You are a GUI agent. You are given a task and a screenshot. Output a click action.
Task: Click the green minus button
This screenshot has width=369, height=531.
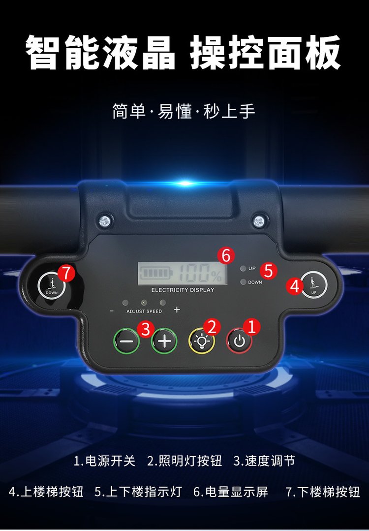pyautogui.click(x=126, y=341)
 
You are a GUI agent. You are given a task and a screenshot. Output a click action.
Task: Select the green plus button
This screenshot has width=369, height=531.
pyautogui.click(x=164, y=341)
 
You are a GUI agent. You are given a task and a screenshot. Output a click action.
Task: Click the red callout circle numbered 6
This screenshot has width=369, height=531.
pyautogui.click(x=226, y=255)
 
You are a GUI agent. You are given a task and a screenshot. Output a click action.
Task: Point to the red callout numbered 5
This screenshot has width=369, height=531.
pyautogui.click(x=268, y=271)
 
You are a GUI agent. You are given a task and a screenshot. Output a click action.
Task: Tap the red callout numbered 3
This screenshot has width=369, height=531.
pyautogui.click(x=146, y=329)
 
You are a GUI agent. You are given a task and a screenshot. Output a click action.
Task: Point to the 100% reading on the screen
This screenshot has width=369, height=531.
pyautogui.click(x=201, y=273)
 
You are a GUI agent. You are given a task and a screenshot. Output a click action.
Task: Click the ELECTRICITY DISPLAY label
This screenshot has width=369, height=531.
pyautogui.click(x=183, y=290)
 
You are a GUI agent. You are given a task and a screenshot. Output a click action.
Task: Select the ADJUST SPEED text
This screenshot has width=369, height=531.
pyautogui.click(x=144, y=311)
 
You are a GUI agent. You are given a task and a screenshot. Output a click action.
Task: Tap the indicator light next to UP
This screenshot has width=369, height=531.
pyautogui.click(x=243, y=269)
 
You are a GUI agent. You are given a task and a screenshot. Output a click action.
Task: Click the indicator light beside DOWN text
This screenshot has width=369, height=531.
pyautogui.click(x=243, y=282)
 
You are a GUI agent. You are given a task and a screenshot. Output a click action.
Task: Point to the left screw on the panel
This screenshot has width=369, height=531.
pyautogui.click(x=105, y=221)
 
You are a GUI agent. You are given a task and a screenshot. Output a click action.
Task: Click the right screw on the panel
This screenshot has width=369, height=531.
pyautogui.click(x=259, y=221)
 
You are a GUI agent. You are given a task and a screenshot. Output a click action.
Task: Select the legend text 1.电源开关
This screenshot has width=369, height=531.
pyautogui.click(x=105, y=461)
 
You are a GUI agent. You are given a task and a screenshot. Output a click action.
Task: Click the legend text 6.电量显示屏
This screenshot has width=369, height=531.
pyautogui.click(x=231, y=492)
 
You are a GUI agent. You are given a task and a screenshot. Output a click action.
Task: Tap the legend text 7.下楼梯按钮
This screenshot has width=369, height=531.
pyautogui.click(x=323, y=492)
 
